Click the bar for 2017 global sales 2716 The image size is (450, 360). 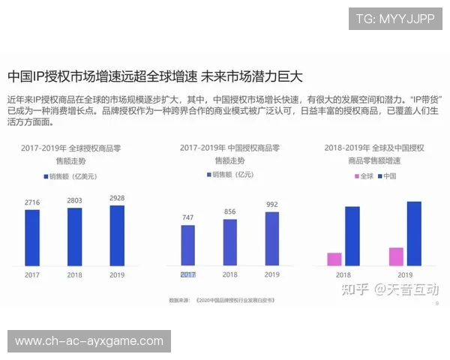[x=32, y=237]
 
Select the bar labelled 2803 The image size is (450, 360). [x=74, y=236]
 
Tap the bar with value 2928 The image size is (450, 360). [x=117, y=235]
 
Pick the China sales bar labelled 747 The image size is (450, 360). [x=187, y=245]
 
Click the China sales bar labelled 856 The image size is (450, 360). [x=229, y=241]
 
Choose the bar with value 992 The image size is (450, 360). [x=271, y=238]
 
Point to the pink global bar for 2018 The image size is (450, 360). [x=334, y=259]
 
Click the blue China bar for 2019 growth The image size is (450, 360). [x=413, y=233]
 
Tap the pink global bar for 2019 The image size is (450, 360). [x=396, y=256]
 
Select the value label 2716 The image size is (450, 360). [x=32, y=202]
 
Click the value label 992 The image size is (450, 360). [x=271, y=205]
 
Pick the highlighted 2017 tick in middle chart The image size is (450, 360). [x=187, y=275]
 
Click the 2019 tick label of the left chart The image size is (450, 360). [x=117, y=275]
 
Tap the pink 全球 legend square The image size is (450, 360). [x=355, y=176]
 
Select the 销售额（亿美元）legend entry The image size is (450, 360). [x=72, y=175]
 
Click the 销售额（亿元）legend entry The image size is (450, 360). [x=230, y=175]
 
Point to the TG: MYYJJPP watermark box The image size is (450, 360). [x=394, y=18]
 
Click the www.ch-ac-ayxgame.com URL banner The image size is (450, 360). [x=89, y=341]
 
